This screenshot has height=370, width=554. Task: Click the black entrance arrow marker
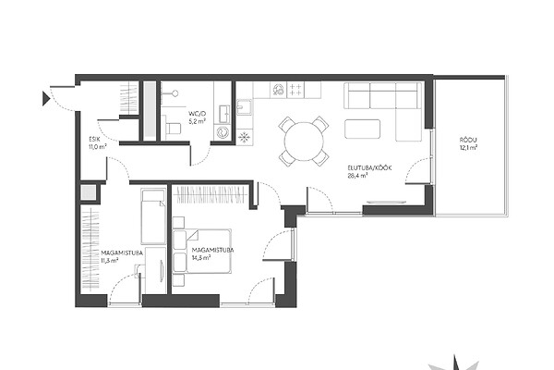(x=46, y=98)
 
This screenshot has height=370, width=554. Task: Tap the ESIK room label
(x=95, y=140)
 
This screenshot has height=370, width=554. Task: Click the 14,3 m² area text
(x=201, y=257)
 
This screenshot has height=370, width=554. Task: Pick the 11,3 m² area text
(x=110, y=260)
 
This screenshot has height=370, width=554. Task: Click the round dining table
(x=304, y=142)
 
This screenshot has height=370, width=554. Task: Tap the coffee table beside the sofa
(x=363, y=129)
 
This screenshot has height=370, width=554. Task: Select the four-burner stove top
(x=295, y=89)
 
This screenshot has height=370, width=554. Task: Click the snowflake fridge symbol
(x=244, y=137)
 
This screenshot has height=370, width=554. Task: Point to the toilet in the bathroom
(x=172, y=128)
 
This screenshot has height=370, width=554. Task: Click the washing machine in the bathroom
(x=223, y=132)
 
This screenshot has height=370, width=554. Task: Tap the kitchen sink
(x=244, y=107)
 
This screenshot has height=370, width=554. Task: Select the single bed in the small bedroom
(x=153, y=216)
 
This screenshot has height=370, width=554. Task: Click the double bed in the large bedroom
(x=202, y=251)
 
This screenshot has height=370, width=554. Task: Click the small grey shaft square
(x=88, y=192)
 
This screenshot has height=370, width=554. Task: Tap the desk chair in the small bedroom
(x=139, y=270)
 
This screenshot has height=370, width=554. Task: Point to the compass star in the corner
(x=455, y=363)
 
